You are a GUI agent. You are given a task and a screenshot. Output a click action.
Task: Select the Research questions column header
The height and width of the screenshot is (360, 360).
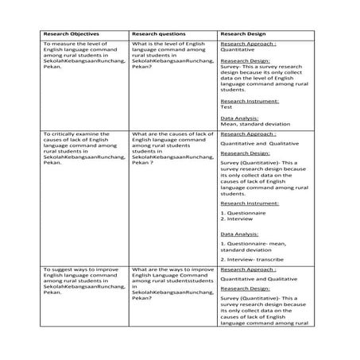click(158, 35)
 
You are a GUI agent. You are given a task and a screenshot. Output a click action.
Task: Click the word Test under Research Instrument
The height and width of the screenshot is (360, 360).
click(226, 106)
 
